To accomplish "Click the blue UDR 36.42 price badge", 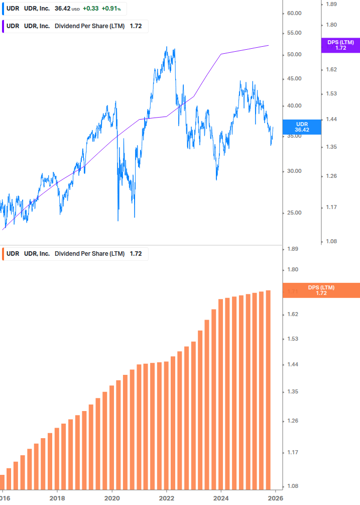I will (x=301, y=127).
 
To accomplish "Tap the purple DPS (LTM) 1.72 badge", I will (x=340, y=45).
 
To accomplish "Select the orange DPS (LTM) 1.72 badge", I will (x=321, y=290).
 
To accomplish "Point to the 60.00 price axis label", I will (x=294, y=13).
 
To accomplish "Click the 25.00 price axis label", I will (x=294, y=213).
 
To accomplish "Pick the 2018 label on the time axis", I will (x=57, y=497).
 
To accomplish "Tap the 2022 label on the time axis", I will (x=166, y=497).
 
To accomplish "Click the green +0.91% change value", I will (x=111, y=9).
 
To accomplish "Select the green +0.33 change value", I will (x=90, y=9).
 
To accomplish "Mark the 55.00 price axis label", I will (x=294, y=33).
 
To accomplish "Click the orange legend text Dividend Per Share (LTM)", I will (x=89, y=254).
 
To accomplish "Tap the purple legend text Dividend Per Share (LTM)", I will (x=89, y=26).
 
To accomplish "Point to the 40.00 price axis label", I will (x=294, y=106).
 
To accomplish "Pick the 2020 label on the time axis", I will (x=112, y=497).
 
